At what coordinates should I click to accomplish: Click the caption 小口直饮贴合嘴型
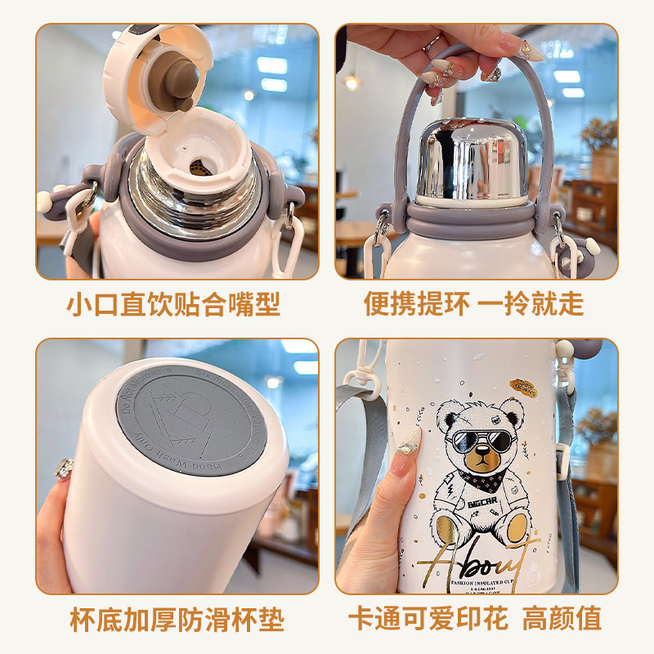tap(172, 304)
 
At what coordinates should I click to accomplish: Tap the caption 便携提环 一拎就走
tap(473, 304)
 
